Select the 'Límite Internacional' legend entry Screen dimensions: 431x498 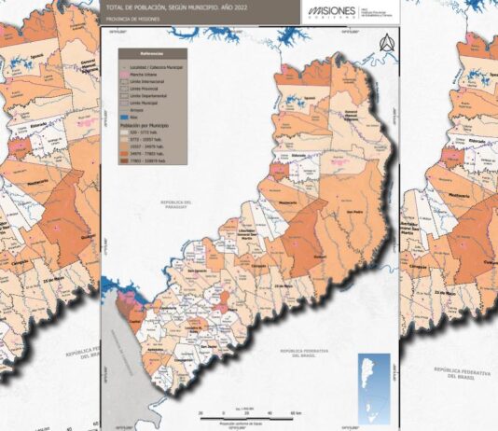click(144, 80)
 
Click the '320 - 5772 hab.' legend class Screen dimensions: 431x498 click(145, 132)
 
